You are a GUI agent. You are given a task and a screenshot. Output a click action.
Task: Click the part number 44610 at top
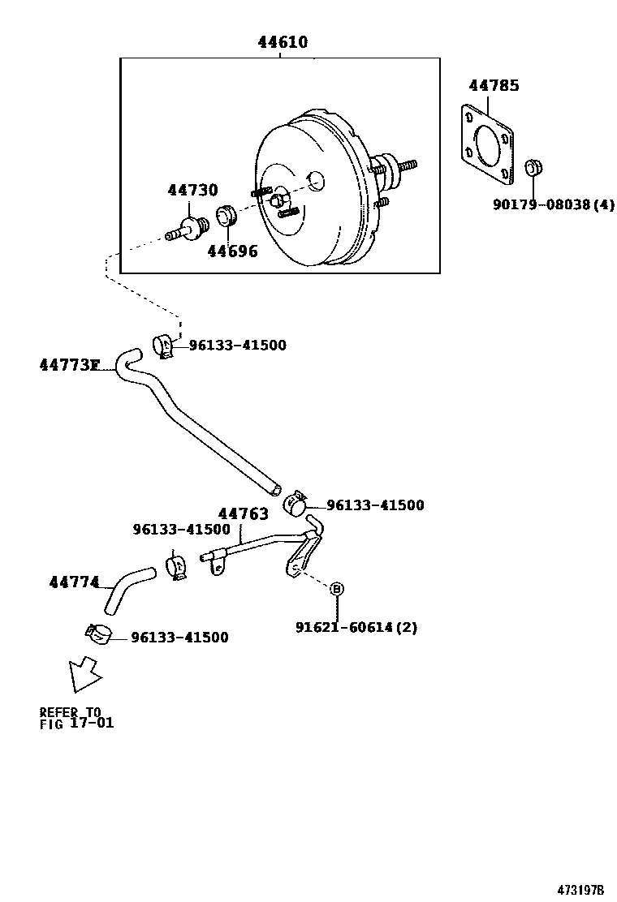point(283,42)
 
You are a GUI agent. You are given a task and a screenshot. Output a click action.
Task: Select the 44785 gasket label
point(494,85)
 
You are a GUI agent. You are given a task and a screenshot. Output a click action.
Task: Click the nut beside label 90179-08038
point(534,169)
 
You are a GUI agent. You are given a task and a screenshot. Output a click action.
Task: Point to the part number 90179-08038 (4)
point(553,205)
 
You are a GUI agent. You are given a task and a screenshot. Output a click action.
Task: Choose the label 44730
point(193,191)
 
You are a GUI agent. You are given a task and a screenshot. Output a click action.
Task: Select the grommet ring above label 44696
point(226,217)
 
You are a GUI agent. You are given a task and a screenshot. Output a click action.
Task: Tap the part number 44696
point(232,251)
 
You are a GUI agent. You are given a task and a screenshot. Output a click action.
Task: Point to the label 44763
point(243,513)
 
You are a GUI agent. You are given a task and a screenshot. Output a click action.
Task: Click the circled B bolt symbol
point(337,588)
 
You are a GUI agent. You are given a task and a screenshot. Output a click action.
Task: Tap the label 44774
point(74,582)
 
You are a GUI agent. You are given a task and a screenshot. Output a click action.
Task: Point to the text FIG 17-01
point(77,722)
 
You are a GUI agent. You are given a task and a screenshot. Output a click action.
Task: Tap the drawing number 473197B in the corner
point(580,888)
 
